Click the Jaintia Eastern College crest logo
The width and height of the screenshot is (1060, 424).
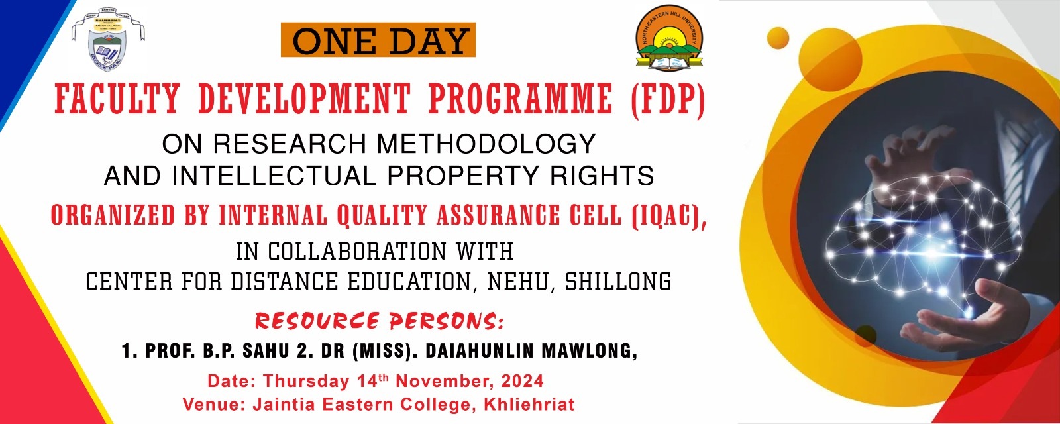click(108, 40)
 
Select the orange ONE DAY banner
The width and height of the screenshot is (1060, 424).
click(378, 41)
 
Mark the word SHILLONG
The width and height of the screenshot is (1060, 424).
click(617, 282)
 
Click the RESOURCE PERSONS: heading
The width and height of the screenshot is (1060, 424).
click(379, 321)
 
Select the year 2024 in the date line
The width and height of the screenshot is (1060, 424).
click(522, 382)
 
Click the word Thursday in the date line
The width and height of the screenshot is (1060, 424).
click(305, 382)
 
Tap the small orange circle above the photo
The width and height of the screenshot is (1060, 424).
click(778, 37)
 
